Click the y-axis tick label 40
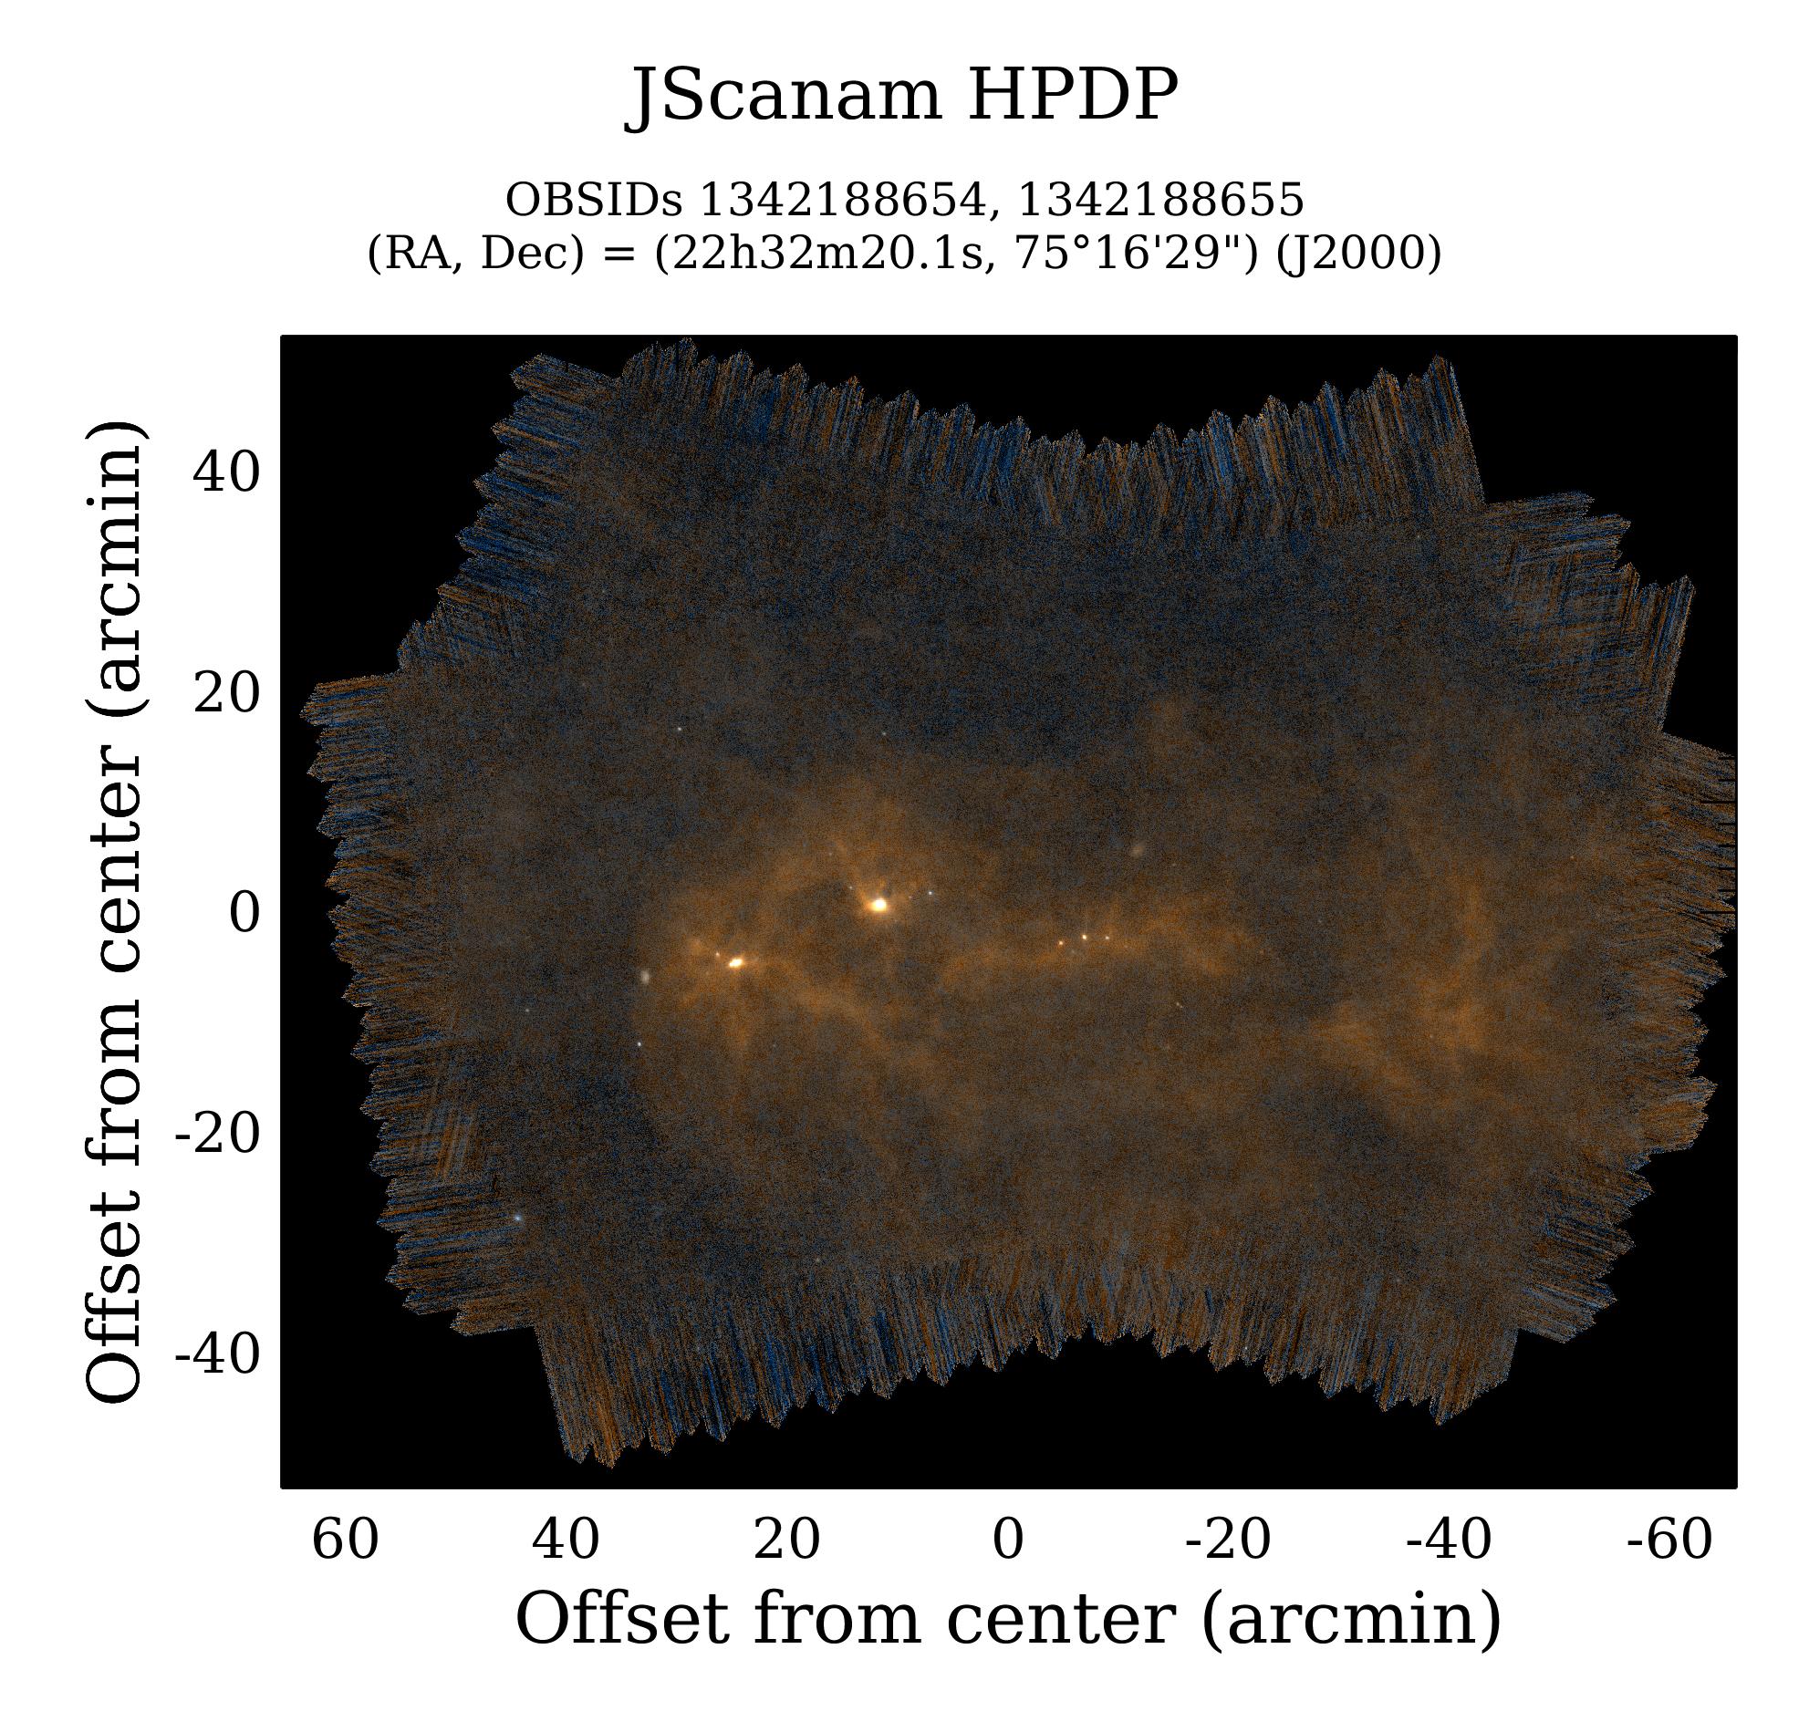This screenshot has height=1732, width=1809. tap(226, 473)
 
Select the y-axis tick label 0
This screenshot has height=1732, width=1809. tap(244, 914)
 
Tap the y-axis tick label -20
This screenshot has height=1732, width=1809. tap(218, 1134)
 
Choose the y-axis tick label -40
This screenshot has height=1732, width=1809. tap(218, 1354)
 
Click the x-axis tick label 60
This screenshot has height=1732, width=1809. tap(345, 1540)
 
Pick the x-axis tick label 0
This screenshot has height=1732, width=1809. tap(1008, 1540)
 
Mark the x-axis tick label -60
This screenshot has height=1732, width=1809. tap(1669, 1540)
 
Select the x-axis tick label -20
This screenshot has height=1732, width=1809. tap(1229, 1540)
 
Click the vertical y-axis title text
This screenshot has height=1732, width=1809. tap(115, 914)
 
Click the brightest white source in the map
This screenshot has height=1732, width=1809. tap(879, 905)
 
